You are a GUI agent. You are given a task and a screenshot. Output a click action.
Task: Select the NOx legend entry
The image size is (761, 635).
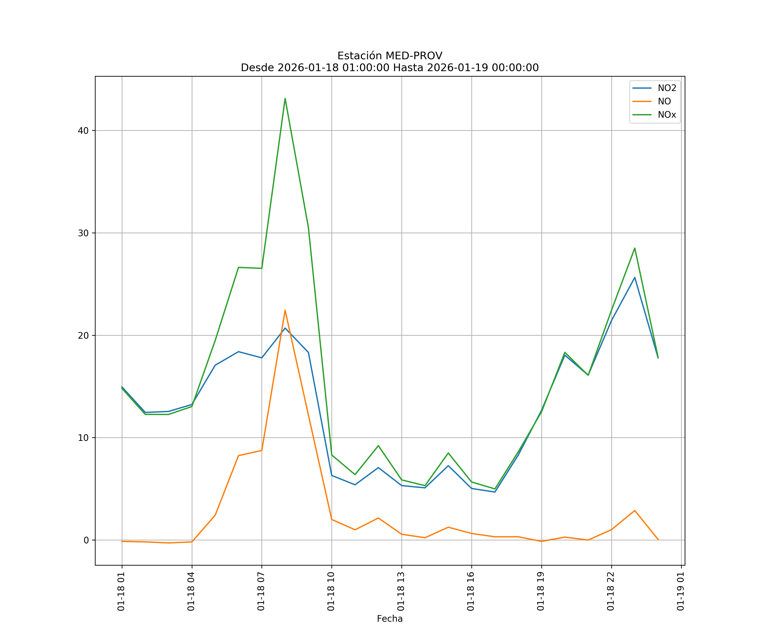667,115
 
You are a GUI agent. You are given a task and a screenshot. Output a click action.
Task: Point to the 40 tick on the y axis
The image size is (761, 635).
83,131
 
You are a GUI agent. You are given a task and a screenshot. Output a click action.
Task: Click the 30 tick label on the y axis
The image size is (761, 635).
83,233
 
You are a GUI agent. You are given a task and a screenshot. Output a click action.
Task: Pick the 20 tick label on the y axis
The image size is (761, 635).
83,335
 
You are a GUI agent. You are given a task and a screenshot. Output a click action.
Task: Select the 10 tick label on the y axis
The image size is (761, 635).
83,438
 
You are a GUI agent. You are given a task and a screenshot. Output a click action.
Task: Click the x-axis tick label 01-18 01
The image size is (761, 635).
121,591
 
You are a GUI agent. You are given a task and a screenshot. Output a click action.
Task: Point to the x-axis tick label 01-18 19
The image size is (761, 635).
541,591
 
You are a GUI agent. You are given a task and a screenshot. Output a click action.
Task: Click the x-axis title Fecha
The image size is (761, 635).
390,619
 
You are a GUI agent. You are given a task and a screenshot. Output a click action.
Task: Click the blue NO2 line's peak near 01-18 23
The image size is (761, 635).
635,277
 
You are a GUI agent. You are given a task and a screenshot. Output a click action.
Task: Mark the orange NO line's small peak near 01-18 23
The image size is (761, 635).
635,511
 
